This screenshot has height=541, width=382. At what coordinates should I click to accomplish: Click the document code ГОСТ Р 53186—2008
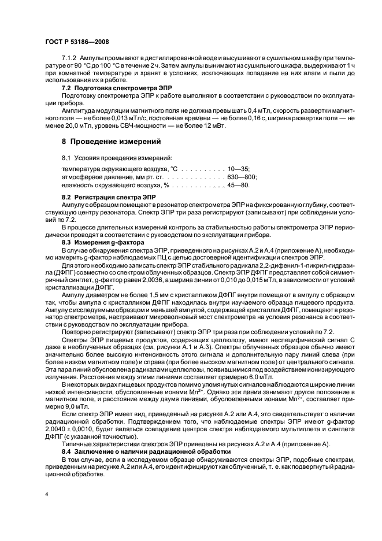(76, 42)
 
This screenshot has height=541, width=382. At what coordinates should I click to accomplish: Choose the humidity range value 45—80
(239, 185)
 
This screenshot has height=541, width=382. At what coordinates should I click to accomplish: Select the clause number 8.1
(65, 157)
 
